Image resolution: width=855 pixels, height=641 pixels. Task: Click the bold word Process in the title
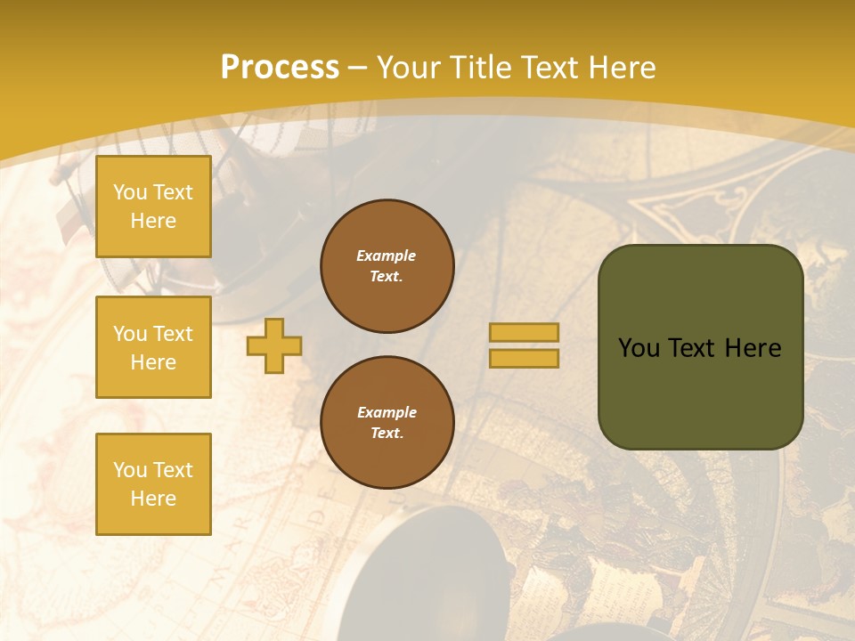(280, 68)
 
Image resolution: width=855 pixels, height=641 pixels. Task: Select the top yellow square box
(153, 207)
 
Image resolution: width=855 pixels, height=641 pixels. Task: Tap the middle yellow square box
(153, 347)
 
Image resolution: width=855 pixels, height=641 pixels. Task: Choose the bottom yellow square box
(153, 484)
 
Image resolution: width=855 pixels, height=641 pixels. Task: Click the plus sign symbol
(274, 345)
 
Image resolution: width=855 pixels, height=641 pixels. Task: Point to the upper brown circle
(387, 266)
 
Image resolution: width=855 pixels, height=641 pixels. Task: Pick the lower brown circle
(387, 423)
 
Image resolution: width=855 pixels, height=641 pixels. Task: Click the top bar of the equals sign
(524, 332)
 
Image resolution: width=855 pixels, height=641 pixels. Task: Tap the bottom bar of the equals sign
(524, 358)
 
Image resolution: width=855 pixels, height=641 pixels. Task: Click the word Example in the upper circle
(386, 256)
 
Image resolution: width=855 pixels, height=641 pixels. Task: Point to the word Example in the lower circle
(387, 412)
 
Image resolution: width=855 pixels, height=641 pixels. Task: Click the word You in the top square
(130, 192)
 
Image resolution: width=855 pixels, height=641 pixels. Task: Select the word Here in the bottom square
(153, 499)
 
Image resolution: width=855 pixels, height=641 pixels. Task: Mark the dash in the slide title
(358, 68)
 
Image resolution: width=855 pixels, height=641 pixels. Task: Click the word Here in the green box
(753, 348)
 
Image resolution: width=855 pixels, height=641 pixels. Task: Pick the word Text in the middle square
(173, 334)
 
